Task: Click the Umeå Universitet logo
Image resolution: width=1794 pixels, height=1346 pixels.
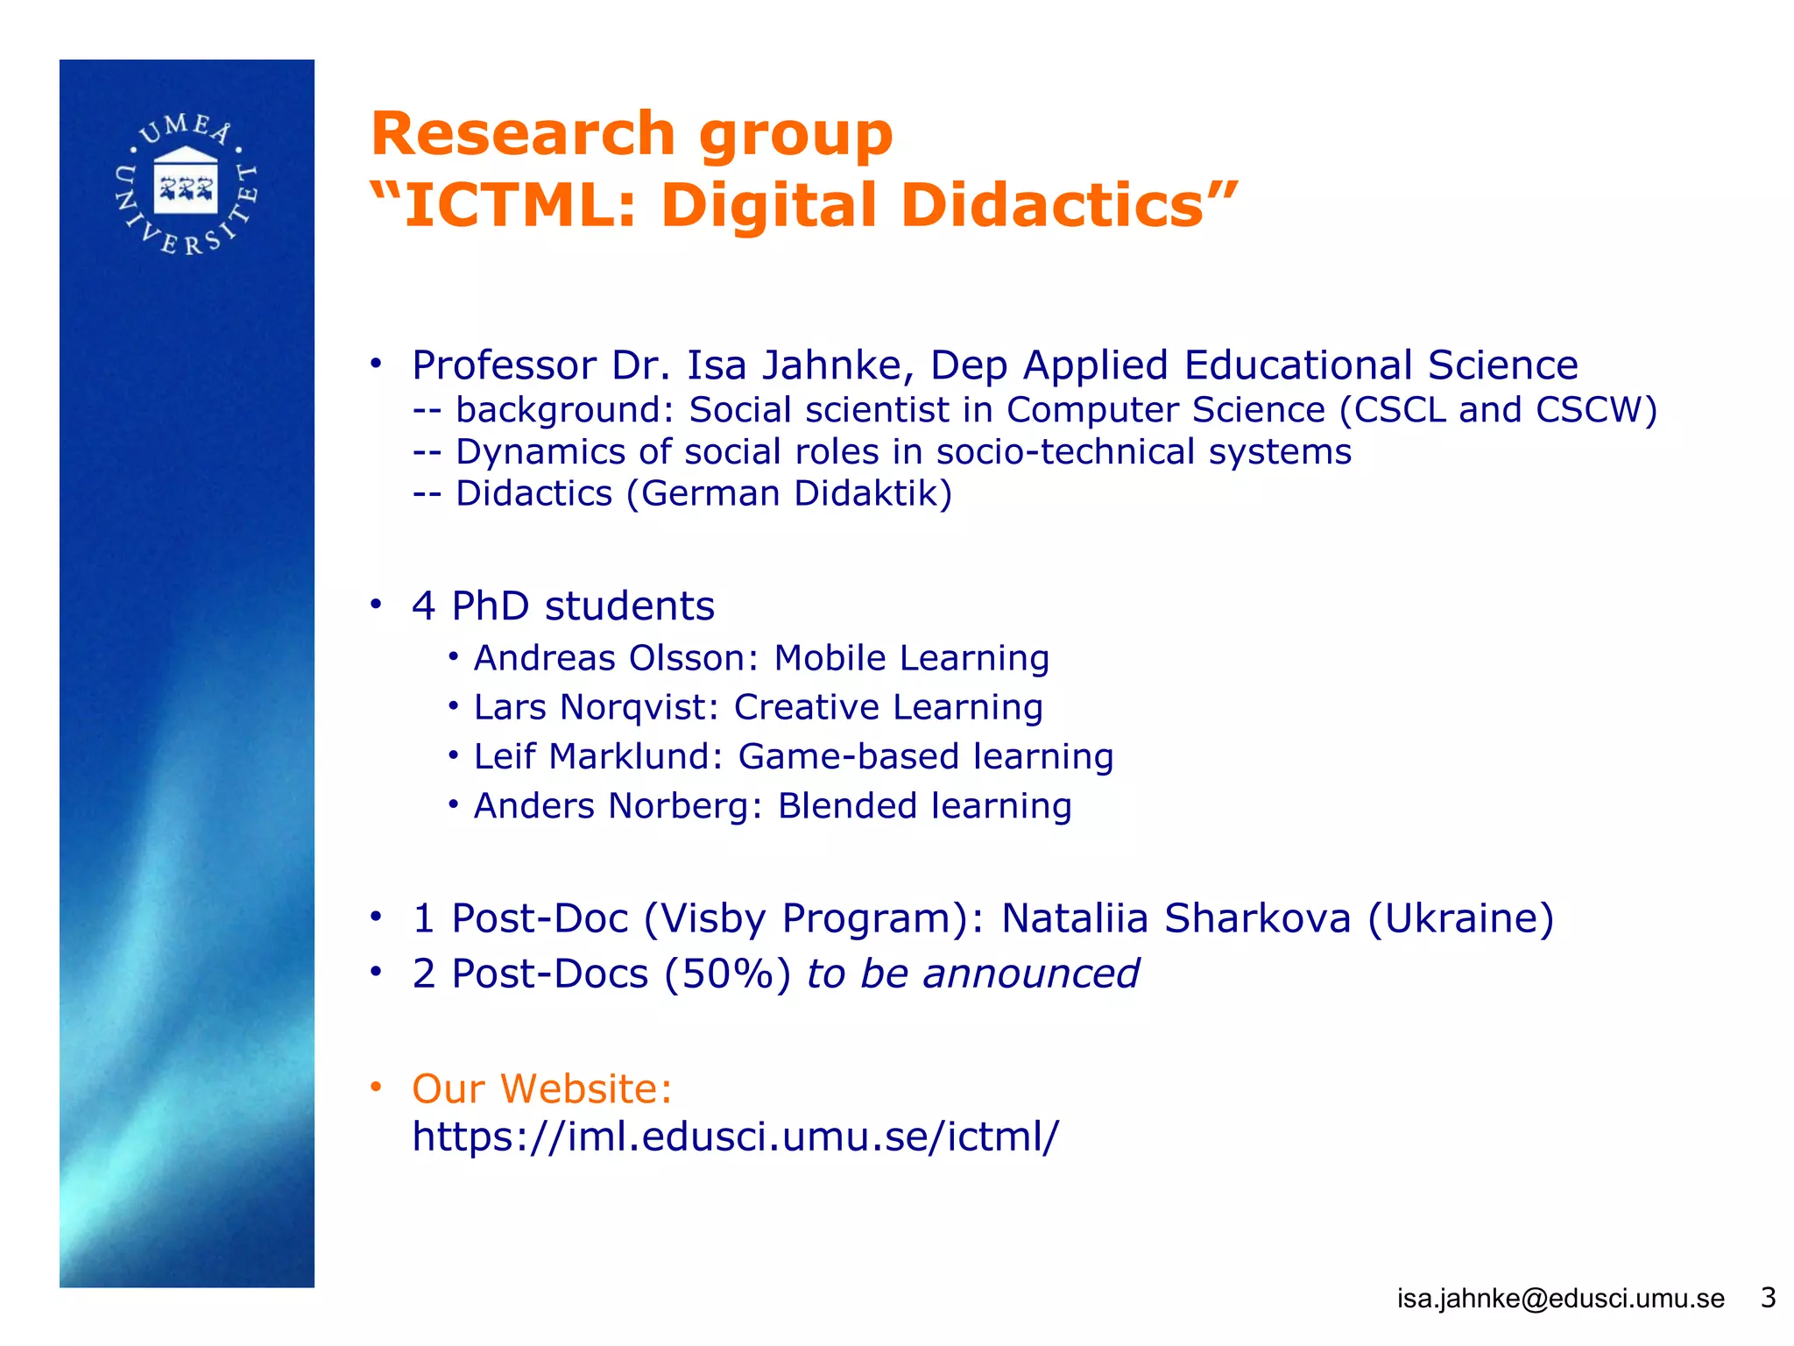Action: click(x=186, y=185)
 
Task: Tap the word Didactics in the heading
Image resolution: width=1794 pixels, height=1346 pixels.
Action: click(x=1052, y=206)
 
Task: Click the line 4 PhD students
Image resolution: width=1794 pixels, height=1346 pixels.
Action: click(x=562, y=606)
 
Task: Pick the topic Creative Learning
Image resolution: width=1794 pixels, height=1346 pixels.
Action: click(x=887, y=707)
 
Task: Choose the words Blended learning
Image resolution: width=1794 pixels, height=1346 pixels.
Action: click(x=924, y=806)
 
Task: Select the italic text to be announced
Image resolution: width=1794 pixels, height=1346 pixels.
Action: click(x=972, y=974)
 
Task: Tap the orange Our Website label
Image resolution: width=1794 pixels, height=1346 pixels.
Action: click(x=541, y=1089)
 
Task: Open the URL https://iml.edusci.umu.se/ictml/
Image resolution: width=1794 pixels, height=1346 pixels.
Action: click(x=735, y=1137)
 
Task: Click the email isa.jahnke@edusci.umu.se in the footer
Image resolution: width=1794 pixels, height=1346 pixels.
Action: click(x=1560, y=1298)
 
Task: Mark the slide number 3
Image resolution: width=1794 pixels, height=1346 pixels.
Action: click(x=1768, y=1297)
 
